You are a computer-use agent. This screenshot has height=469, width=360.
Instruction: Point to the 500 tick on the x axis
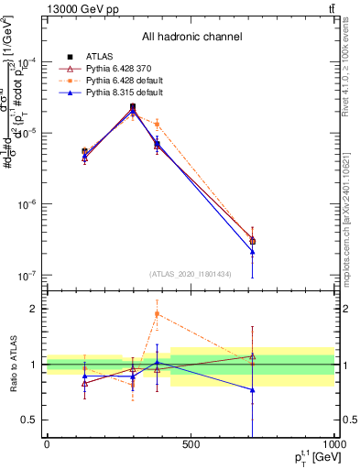190,445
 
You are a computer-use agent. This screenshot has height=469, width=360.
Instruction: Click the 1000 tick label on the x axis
333,445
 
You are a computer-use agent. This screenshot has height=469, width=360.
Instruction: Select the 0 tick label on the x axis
47,445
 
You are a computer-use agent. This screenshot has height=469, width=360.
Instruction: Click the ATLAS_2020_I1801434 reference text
191,273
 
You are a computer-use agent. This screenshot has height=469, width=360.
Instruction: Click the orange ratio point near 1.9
157,314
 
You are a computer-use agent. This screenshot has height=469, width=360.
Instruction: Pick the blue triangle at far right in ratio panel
252,390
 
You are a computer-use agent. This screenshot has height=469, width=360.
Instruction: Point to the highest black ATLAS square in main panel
133,107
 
